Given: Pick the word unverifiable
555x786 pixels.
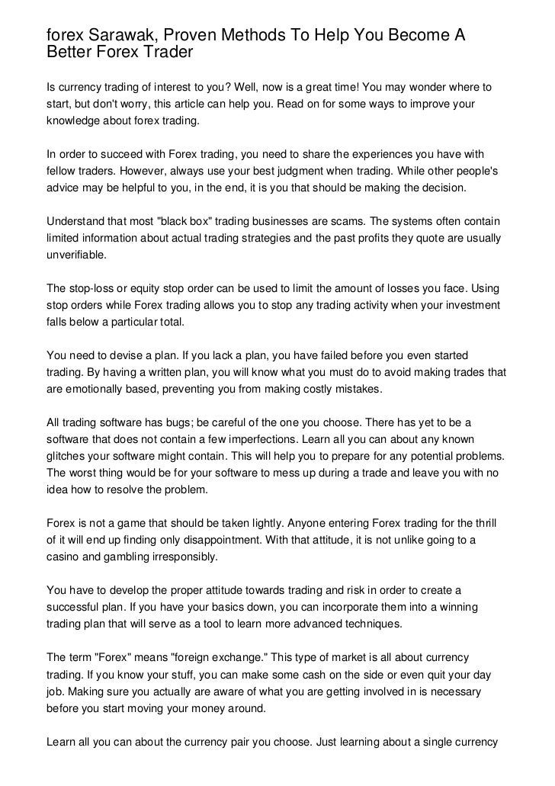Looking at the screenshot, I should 76,255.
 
